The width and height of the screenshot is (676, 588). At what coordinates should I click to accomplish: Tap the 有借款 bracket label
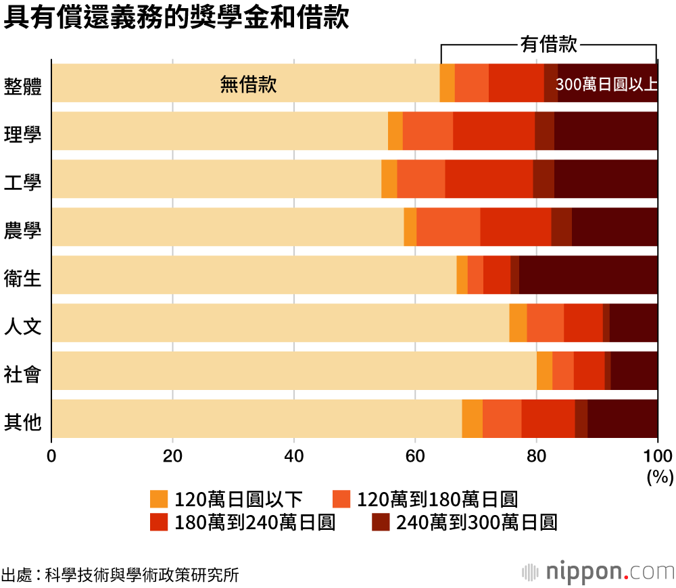(548, 45)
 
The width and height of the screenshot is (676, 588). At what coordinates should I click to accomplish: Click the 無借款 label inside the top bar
(248, 84)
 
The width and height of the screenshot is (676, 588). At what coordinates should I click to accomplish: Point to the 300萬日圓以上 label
(606, 84)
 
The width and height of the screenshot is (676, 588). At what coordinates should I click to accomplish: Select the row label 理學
(22, 133)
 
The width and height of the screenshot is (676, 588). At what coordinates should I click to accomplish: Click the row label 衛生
(22, 278)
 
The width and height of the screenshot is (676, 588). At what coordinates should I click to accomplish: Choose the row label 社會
(22, 374)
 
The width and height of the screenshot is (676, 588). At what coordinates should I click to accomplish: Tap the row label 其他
(22, 422)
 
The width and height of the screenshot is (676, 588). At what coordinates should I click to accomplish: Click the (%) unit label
(660, 477)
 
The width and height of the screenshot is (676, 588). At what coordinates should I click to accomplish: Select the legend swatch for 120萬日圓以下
(158, 499)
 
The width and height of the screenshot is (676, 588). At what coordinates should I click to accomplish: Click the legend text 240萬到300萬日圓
(476, 522)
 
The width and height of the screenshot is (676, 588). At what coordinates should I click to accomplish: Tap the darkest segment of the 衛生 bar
(588, 275)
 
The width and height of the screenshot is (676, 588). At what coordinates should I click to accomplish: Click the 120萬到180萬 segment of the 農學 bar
(448, 227)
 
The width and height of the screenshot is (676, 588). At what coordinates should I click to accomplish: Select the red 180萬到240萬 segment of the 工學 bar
(489, 179)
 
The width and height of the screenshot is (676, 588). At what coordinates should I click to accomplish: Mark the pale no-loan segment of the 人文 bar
(280, 323)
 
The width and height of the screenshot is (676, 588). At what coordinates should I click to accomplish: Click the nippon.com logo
(598, 572)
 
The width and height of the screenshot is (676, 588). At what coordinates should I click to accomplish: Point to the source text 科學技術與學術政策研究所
(141, 575)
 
